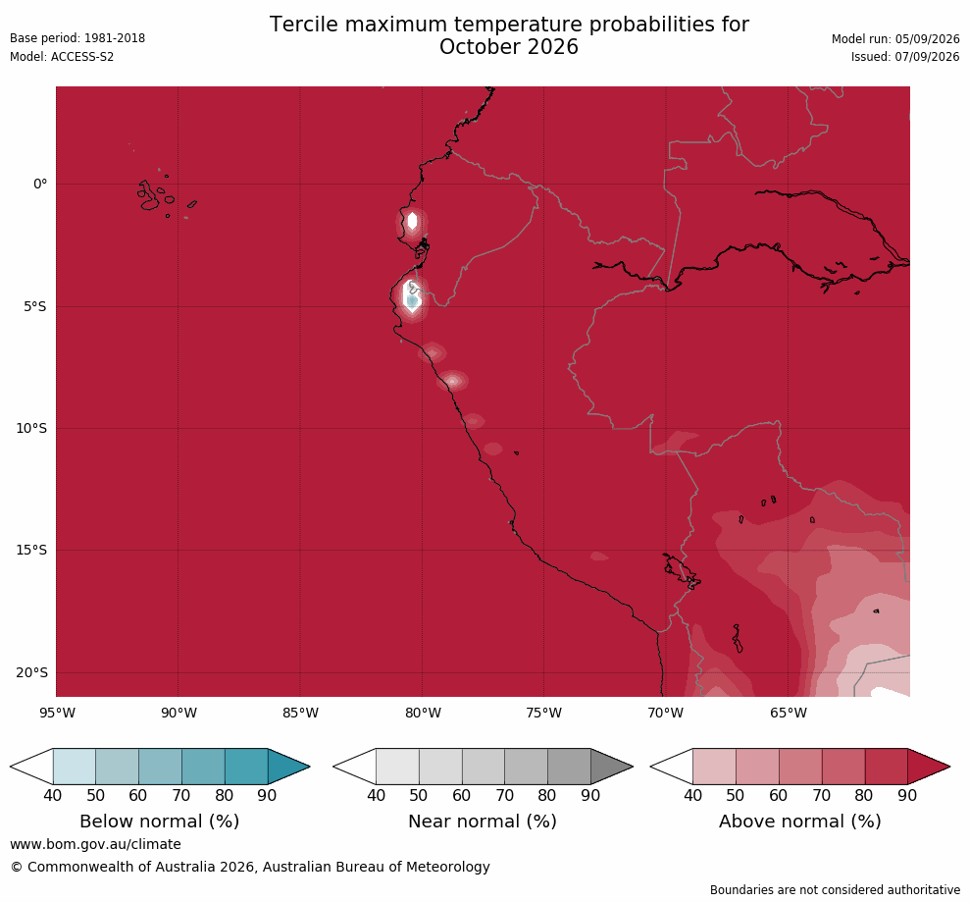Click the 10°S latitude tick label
(31, 428)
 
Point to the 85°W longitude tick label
(300, 713)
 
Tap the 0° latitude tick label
(40, 184)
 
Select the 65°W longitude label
(788, 713)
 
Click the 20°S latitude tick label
(31, 672)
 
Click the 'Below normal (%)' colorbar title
(160, 822)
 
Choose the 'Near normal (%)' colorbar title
(483, 822)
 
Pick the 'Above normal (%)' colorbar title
(799, 822)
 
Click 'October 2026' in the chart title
(509, 47)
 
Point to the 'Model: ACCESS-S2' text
(62, 57)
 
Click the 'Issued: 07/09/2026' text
(905, 57)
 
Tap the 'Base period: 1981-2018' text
(77, 38)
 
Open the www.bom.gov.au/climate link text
(95, 844)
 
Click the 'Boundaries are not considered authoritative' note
(835, 889)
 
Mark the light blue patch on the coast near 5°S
(412, 301)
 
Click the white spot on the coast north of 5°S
(412, 220)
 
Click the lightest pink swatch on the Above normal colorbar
(714, 767)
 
